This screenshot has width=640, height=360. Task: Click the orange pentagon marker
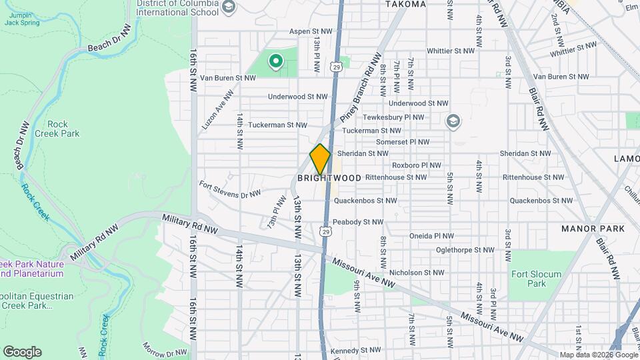(320, 159)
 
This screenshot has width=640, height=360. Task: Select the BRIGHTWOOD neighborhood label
(329, 178)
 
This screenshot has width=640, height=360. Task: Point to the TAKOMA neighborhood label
(406, 4)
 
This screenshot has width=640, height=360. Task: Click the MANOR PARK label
(593, 229)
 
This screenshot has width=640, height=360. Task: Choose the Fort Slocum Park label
(536, 279)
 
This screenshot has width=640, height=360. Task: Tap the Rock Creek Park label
(63, 129)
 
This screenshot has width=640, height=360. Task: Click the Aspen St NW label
(311, 31)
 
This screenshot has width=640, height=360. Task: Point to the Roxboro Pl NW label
(416, 165)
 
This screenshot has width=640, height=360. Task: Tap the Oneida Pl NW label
(431, 236)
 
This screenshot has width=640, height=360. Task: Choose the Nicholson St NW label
(416, 272)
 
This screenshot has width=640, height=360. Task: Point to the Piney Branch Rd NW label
(359, 88)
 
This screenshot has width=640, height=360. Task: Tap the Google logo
(22, 352)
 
